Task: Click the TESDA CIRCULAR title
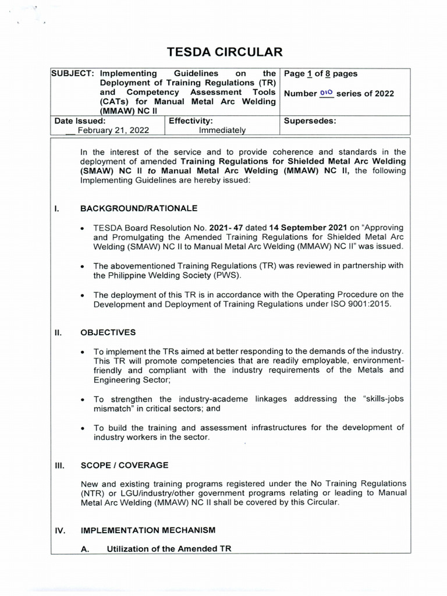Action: tap(224, 52)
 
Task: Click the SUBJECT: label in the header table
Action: tap(73, 74)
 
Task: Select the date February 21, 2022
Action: tap(111, 130)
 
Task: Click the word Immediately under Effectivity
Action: tap(222, 130)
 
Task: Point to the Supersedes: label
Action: tap(310, 121)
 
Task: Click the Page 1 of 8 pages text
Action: tap(320, 74)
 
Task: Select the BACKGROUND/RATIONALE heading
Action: tap(139, 208)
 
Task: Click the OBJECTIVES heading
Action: tap(108, 332)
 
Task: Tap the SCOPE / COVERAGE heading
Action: tap(124, 465)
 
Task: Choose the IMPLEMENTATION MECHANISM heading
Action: tap(148, 530)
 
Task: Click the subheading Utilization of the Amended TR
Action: tap(169, 548)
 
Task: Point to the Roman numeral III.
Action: tap(59, 465)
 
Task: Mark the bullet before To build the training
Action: tap(84, 428)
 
